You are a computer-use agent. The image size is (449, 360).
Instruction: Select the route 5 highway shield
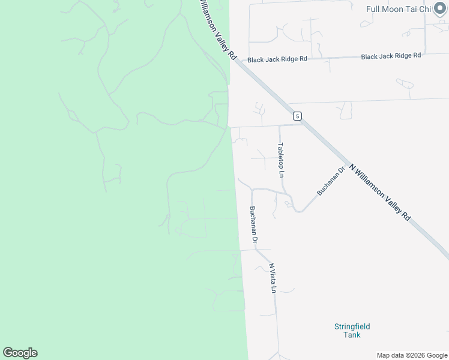coord(297,115)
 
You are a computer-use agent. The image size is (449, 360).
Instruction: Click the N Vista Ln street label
coord(272,278)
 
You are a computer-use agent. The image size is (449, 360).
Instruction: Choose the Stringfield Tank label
coord(352,331)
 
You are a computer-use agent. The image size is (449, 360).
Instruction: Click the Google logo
coord(20,353)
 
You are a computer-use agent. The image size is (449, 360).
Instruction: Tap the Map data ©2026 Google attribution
coord(412,355)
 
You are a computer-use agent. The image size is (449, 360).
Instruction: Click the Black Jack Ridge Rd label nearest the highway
coord(277,59)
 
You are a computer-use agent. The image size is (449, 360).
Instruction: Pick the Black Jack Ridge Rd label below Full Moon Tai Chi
coord(391,56)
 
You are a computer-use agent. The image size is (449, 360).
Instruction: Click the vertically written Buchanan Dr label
coord(253,225)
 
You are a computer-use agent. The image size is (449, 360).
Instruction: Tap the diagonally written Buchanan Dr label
coord(331,181)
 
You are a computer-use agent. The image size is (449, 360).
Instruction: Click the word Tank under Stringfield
coord(352,335)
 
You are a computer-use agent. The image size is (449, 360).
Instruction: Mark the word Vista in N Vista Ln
coord(272,277)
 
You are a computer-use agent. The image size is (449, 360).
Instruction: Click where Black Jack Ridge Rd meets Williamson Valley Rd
coord(238,61)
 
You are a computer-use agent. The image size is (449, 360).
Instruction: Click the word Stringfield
coord(352,326)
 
